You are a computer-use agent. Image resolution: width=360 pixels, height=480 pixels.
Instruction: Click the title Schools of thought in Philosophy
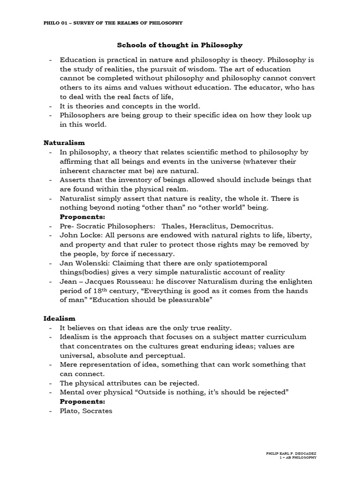pyautogui.click(x=180, y=45)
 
